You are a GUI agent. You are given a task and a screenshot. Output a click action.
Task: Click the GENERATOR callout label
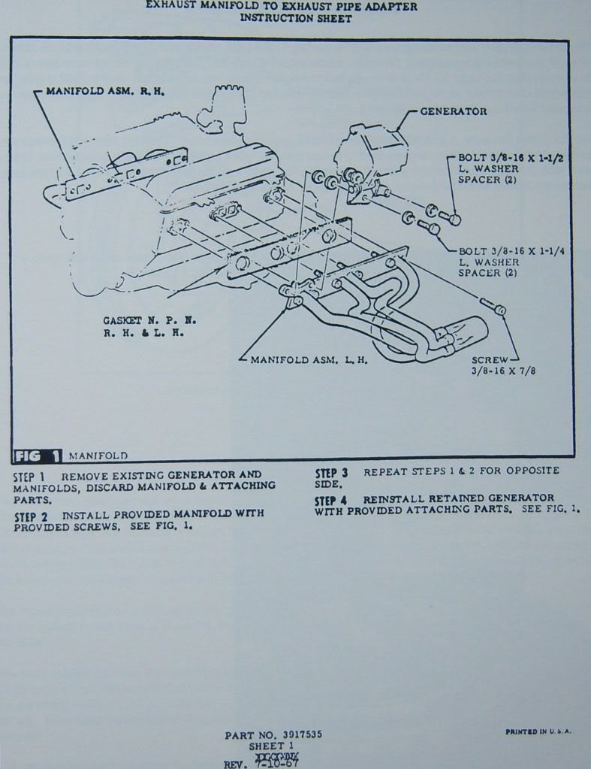[453, 111]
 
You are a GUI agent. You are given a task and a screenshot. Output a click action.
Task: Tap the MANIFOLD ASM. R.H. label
[105, 91]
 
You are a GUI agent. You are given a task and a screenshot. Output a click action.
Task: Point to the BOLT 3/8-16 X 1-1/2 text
[509, 159]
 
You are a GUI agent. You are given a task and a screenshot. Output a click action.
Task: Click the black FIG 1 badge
[38, 456]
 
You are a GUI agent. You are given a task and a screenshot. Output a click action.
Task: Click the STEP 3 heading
[331, 473]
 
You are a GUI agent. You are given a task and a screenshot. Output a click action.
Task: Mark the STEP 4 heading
[331, 500]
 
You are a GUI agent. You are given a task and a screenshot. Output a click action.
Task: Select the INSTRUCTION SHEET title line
[296, 19]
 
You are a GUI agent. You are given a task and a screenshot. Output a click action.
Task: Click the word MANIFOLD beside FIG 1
[98, 456]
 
